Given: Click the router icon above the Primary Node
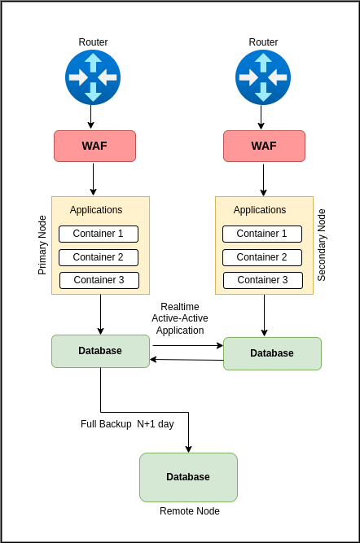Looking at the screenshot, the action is point(93,77).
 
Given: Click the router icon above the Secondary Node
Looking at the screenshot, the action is point(263,77).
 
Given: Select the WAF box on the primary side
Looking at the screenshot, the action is point(95,146).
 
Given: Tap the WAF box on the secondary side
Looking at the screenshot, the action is point(265,146).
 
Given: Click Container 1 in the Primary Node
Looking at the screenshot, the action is point(99,234).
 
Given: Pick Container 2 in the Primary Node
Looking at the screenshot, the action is point(99,257).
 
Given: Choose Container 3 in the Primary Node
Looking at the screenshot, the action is point(99,280).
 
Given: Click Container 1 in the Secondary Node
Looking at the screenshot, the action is point(262,234).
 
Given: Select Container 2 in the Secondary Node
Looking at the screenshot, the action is point(262,257).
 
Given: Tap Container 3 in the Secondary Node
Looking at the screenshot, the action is point(263,280).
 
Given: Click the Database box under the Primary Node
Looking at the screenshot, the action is point(100,351).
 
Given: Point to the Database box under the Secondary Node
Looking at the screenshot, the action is point(272,353).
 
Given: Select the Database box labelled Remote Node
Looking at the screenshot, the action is point(188,477).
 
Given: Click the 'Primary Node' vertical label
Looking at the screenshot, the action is point(42,245).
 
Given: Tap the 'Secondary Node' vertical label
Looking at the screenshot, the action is point(322,245).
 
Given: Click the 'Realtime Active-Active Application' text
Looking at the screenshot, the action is point(180,318).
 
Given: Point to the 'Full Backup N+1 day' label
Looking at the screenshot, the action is point(127,424).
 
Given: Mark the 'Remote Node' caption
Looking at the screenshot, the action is point(190,511).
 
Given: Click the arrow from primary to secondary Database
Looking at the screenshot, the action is point(188,345).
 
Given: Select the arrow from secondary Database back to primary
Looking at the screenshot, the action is point(187,360).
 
